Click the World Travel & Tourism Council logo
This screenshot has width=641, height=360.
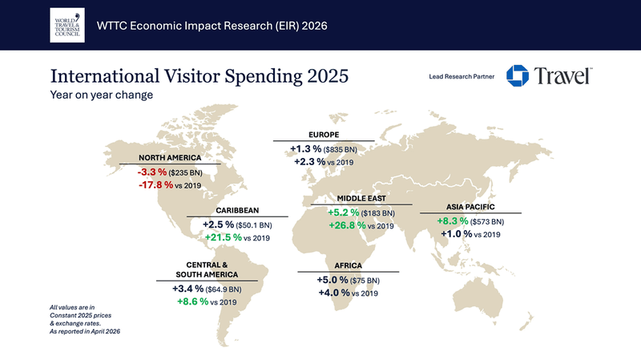click(x=67, y=25)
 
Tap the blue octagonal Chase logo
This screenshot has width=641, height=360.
click(x=517, y=75)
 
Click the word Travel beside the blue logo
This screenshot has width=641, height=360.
click(x=563, y=76)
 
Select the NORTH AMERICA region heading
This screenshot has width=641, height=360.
click(x=170, y=157)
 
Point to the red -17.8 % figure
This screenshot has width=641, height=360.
click(x=155, y=185)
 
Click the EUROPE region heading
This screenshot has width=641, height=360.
click(x=324, y=135)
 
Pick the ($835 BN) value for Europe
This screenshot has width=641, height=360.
click(x=340, y=150)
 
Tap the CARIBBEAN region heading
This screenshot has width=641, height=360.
click(x=237, y=210)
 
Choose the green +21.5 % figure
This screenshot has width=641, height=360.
click(x=224, y=237)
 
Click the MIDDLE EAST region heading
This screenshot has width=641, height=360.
click(x=361, y=198)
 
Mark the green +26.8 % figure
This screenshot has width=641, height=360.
click(x=347, y=225)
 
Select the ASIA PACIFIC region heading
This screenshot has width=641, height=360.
click(x=470, y=207)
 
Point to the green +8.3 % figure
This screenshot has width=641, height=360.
click(x=453, y=221)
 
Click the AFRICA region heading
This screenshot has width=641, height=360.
click(x=349, y=265)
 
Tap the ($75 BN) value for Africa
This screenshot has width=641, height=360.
click(x=365, y=281)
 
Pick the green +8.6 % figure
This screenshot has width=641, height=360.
click(x=192, y=301)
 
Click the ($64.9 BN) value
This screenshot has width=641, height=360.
click(x=224, y=289)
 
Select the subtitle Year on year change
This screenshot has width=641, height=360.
click(x=102, y=95)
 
